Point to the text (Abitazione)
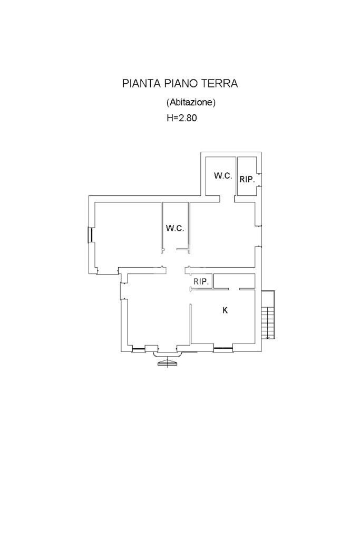click(191, 102)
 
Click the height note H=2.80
click(182, 118)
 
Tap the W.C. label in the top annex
click(223, 175)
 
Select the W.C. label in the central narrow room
click(175, 228)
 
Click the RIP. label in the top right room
click(247, 179)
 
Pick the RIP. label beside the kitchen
click(201, 281)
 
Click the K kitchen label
click(225, 310)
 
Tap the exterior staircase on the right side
click(268, 315)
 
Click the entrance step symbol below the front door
click(168, 362)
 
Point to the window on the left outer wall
click(90, 235)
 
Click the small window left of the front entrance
click(139, 349)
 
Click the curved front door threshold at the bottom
click(168, 352)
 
